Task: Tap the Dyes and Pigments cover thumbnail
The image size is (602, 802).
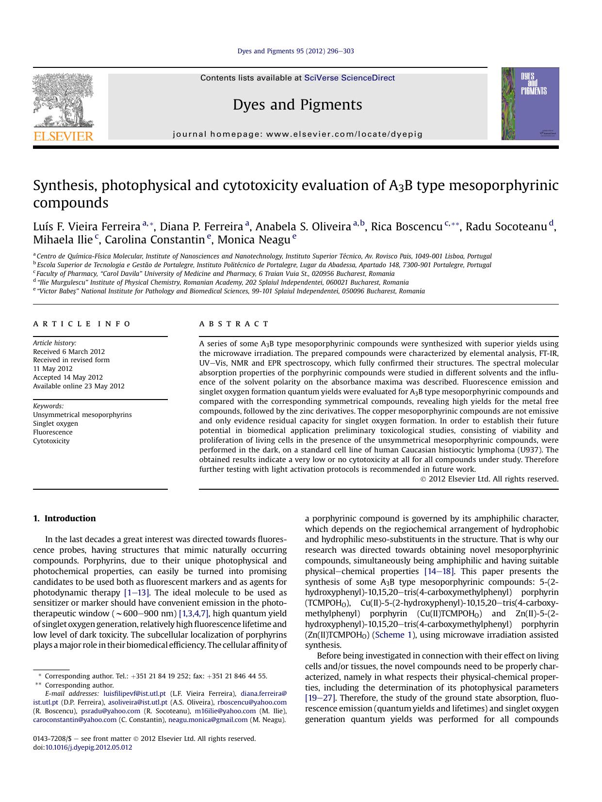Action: [x=530, y=104]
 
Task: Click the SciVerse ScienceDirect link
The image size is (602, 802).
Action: [x=349, y=78]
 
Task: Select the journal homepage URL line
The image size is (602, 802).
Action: [x=297, y=134]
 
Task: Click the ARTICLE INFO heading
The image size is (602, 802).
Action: [x=82, y=324]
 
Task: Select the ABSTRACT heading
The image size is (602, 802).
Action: [x=234, y=324]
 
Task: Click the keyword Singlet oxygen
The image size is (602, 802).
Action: [x=55, y=423]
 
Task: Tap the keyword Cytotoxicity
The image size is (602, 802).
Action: [x=51, y=441]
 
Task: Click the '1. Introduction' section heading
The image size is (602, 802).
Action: [x=64, y=518]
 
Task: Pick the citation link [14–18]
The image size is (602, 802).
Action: [x=439, y=571]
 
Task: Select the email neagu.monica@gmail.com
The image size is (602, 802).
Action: [x=208, y=720]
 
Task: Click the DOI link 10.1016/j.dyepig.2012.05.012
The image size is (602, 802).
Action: [x=88, y=747]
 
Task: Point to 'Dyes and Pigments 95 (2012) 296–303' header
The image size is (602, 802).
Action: [x=295, y=51]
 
